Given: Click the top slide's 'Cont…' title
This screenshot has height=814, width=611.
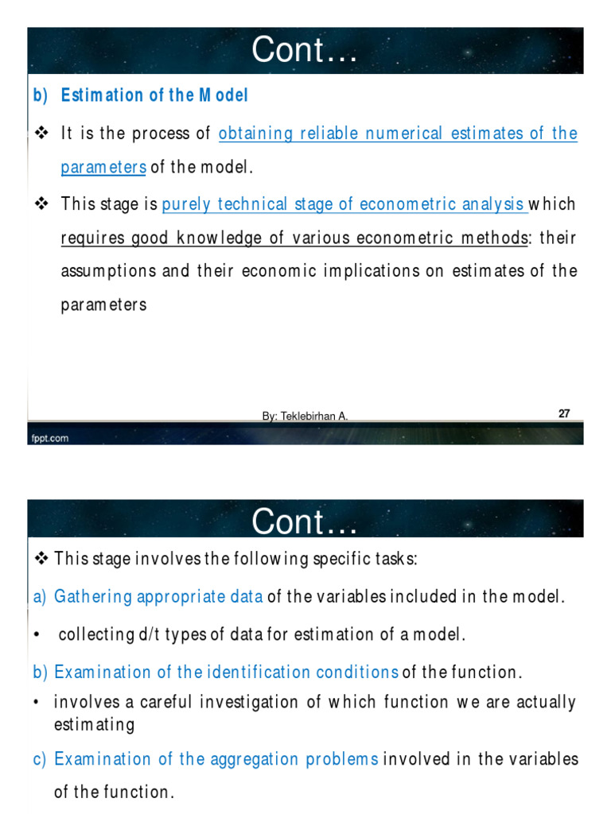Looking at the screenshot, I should [x=305, y=52].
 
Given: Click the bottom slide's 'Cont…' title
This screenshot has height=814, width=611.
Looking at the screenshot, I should [x=305, y=522].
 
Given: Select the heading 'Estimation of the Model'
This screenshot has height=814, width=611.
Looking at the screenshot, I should [x=155, y=95].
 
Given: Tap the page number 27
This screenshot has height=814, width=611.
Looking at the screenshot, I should [x=564, y=413].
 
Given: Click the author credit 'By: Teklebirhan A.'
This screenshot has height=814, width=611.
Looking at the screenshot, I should [x=305, y=417].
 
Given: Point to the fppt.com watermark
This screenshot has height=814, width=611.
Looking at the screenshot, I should [x=49, y=437].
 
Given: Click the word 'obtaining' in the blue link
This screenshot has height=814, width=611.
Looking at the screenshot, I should [x=255, y=134].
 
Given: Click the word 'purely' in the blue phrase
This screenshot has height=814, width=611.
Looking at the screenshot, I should [x=185, y=204].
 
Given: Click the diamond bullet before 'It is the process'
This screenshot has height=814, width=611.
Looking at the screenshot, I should [x=43, y=134].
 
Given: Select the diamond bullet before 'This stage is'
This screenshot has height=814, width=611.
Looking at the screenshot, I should [x=43, y=204].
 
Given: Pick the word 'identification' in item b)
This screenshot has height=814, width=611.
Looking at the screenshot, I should [x=248, y=672].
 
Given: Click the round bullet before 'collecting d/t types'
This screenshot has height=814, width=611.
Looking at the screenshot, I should [x=37, y=634].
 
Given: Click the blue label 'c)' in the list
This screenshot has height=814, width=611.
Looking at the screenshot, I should [x=41, y=759].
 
